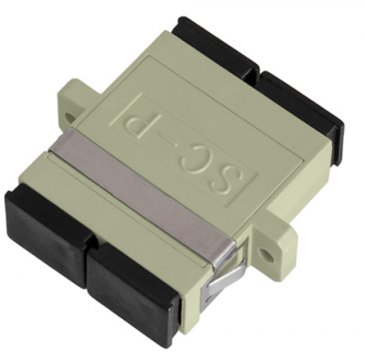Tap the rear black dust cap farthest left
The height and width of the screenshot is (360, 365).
(x=212, y=46)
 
